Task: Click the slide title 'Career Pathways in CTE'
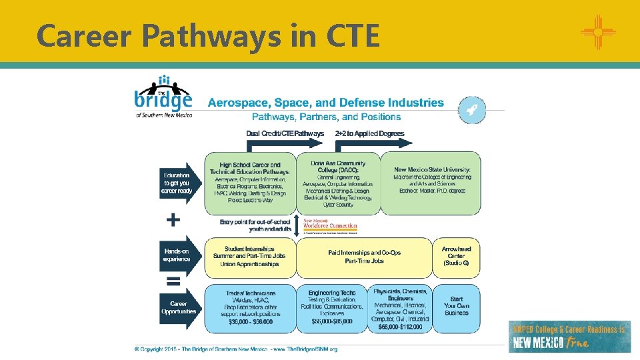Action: click(x=208, y=35)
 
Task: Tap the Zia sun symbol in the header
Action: click(x=597, y=31)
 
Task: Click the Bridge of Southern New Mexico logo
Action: click(x=163, y=97)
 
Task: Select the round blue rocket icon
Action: click(x=472, y=110)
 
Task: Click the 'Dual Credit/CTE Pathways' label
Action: click(x=285, y=133)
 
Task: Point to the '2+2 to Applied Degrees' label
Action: click(x=369, y=133)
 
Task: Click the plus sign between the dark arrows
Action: click(x=173, y=219)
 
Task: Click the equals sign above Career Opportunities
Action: click(x=173, y=281)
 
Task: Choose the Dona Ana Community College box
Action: click(x=338, y=184)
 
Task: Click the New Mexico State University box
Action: click(x=431, y=183)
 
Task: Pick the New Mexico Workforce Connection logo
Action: click(x=331, y=225)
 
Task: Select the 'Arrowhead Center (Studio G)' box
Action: click(x=457, y=257)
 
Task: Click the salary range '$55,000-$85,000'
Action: click(x=332, y=321)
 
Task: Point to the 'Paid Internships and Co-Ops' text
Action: click(x=365, y=253)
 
